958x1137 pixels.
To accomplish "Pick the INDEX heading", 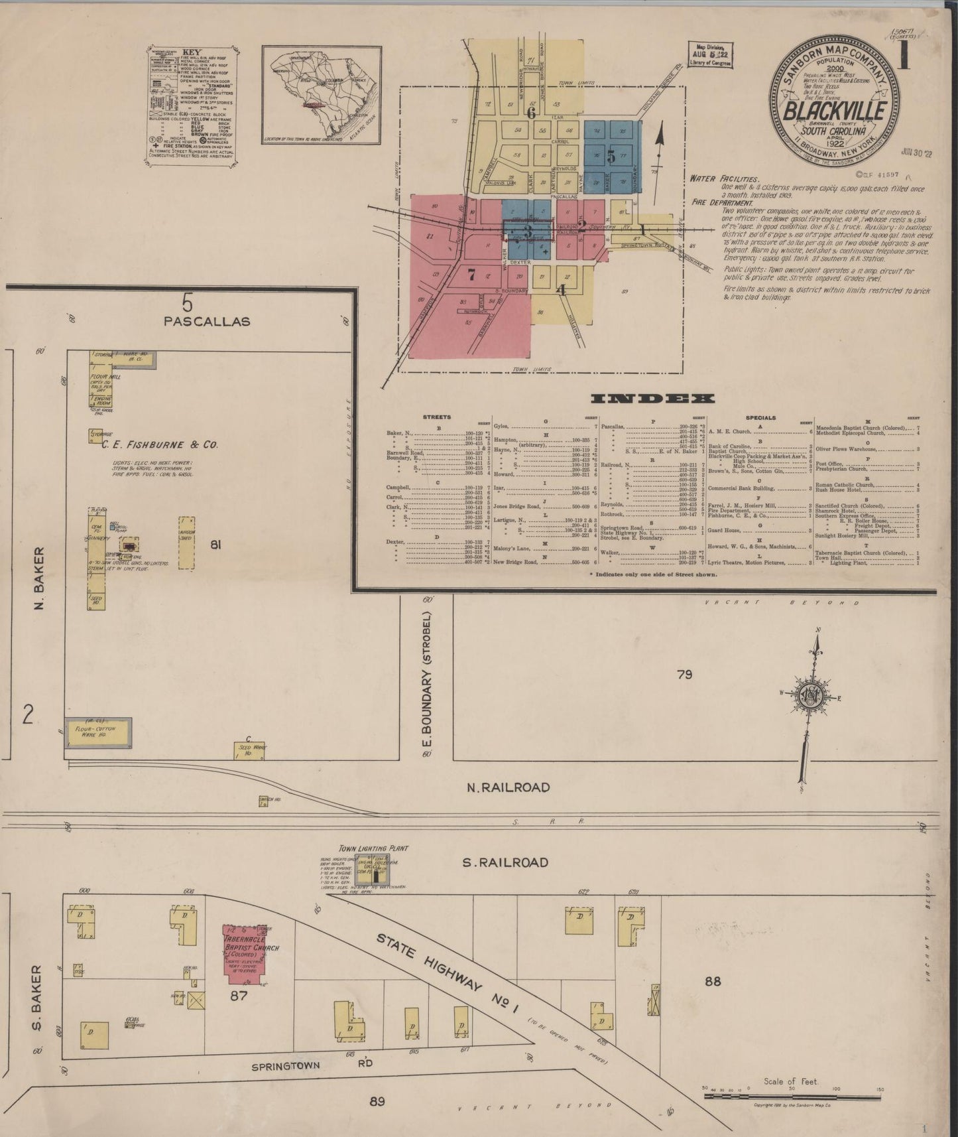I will pyautogui.click(x=652, y=399).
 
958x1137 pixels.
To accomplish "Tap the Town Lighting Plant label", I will pyautogui.click(x=374, y=848).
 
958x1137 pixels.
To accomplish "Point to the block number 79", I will pyautogui.click(x=685, y=675).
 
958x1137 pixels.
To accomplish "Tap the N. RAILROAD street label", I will pyautogui.click(x=507, y=787).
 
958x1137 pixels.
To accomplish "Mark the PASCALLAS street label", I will pyautogui.click(x=208, y=321).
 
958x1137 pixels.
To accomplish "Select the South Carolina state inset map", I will pyautogui.click(x=321, y=94).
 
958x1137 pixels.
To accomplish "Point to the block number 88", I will pyautogui.click(x=712, y=982).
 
